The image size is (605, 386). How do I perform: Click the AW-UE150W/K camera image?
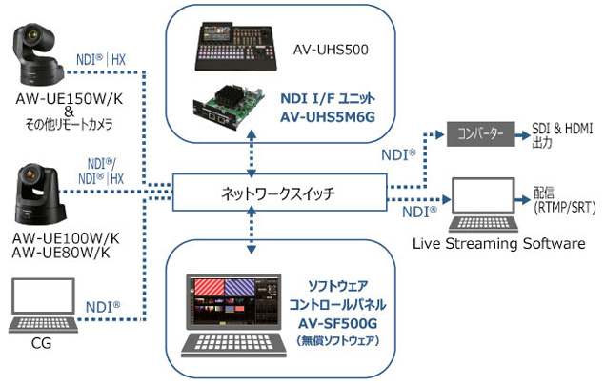(x=41, y=55)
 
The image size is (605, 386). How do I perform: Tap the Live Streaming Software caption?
(x=498, y=244)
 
